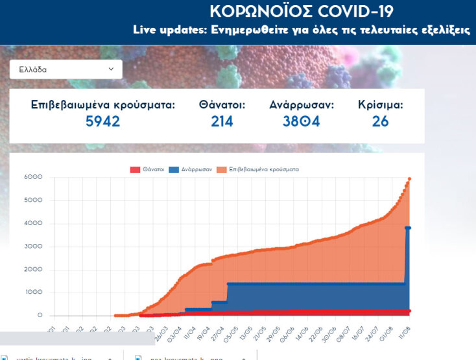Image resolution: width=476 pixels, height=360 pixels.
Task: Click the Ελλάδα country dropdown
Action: click(x=65, y=69)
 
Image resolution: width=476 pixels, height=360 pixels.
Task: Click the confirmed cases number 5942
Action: click(x=103, y=121)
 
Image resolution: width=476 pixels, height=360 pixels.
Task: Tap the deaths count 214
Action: click(x=222, y=121)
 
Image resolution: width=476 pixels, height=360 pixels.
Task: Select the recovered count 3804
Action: click(x=301, y=121)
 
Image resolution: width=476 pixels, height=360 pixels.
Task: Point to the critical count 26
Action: click(x=381, y=121)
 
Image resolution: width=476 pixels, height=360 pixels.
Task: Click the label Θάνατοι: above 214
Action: click(x=222, y=104)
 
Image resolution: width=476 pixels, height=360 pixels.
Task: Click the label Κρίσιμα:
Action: click(x=381, y=104)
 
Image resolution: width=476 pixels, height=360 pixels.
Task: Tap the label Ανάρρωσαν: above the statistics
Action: click(x=302, y=104)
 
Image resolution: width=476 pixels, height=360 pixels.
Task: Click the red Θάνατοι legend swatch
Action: click(x=135, y=170)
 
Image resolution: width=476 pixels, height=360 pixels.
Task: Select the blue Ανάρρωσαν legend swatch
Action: click(x=174, y=170)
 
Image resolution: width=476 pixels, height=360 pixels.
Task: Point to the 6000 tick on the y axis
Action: click(x=33, y=177)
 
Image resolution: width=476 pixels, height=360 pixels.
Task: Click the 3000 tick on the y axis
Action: click(x=33, y=246)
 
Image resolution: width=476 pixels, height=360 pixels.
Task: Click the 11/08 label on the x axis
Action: click(x=405, y=331)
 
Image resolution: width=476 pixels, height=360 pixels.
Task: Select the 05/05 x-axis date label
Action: click(x=228, y=331)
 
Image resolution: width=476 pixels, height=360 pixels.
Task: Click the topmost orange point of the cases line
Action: click(x=409, y=178)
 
